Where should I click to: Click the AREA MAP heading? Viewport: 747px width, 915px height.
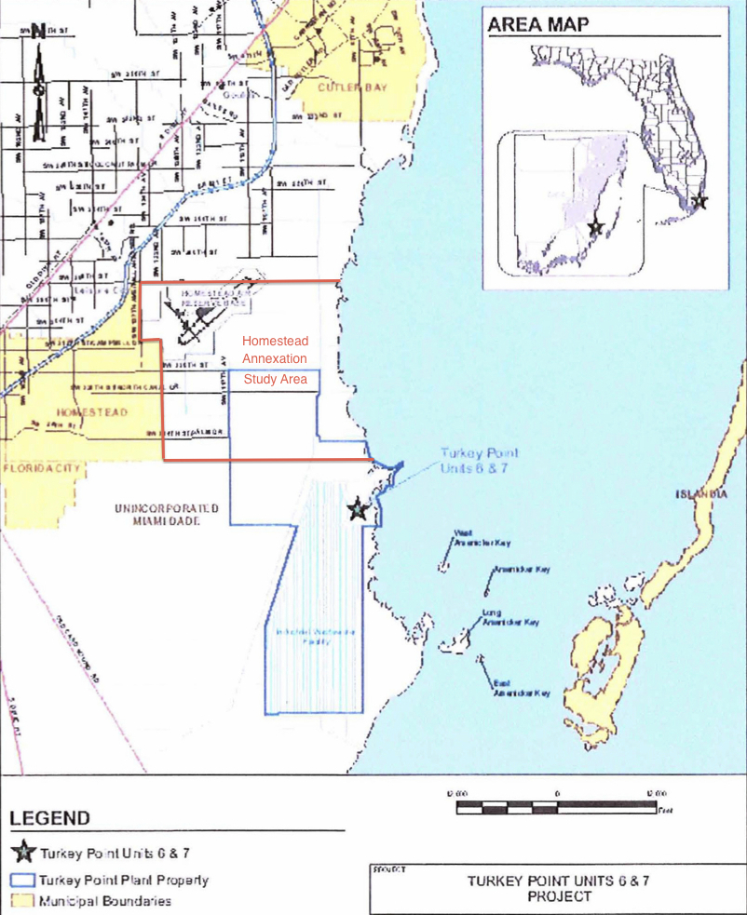538,24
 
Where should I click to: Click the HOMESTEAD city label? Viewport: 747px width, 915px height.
91,410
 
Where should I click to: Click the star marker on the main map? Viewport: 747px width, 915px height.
357,509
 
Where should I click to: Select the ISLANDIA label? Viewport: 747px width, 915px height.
700,495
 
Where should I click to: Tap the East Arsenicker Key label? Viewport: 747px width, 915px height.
521,688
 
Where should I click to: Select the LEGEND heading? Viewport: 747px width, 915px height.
51,819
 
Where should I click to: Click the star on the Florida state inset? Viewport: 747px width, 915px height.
700,201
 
